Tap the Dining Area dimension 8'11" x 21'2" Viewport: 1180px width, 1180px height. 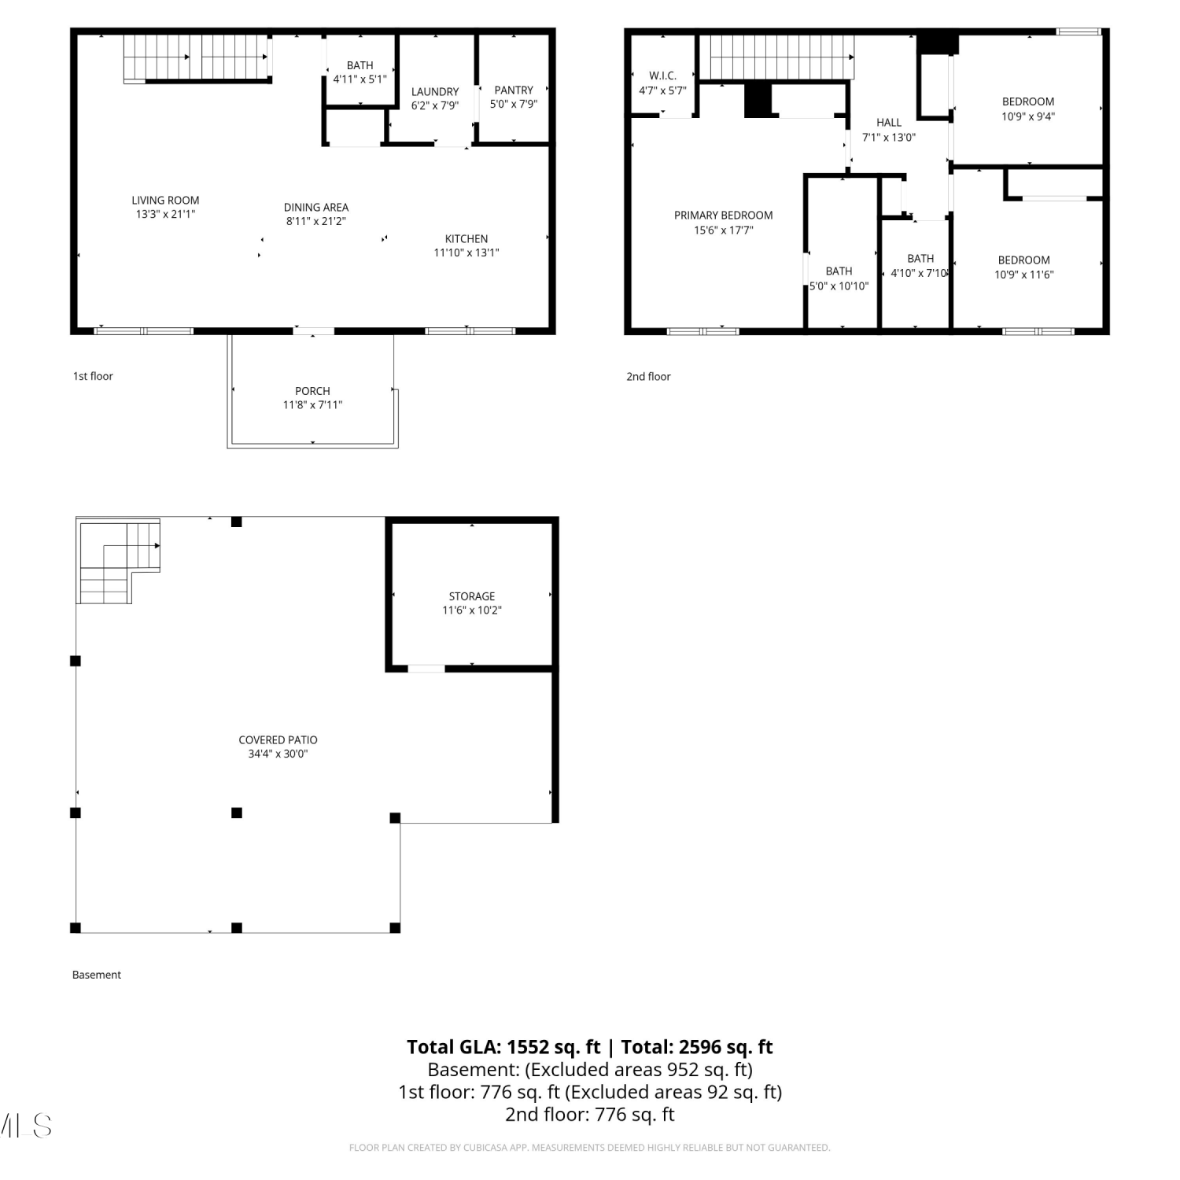(316, 221)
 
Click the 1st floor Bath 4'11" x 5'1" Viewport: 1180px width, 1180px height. (360, 72)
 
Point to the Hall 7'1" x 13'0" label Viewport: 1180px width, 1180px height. (889, 130)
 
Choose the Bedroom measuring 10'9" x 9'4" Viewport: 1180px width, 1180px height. (1028, 109)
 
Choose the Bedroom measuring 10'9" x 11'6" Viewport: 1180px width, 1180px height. (1024, 267)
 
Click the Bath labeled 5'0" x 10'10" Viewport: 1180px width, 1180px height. (839, 278)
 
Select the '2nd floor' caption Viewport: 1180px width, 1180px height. (648, 377)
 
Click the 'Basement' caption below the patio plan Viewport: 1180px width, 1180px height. (97, 975)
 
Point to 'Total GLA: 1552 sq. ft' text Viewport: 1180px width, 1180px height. (503, 1047)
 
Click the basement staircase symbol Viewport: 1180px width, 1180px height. (118, 561)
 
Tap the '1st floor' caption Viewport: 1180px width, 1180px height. (93, 376)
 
